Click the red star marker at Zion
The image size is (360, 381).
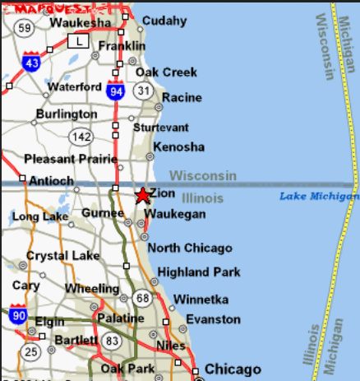(142, 196)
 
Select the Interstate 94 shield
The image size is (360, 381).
(116, 92)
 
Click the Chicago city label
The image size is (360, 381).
(233, 369)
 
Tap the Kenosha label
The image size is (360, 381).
(179, 146)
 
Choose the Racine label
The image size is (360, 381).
(182, 97)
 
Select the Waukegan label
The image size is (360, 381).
(174, 214)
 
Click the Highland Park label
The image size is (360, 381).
(199, 272)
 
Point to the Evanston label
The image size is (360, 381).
(213, 319)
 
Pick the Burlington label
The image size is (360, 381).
(66, 114)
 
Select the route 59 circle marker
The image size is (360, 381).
(25, 29)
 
